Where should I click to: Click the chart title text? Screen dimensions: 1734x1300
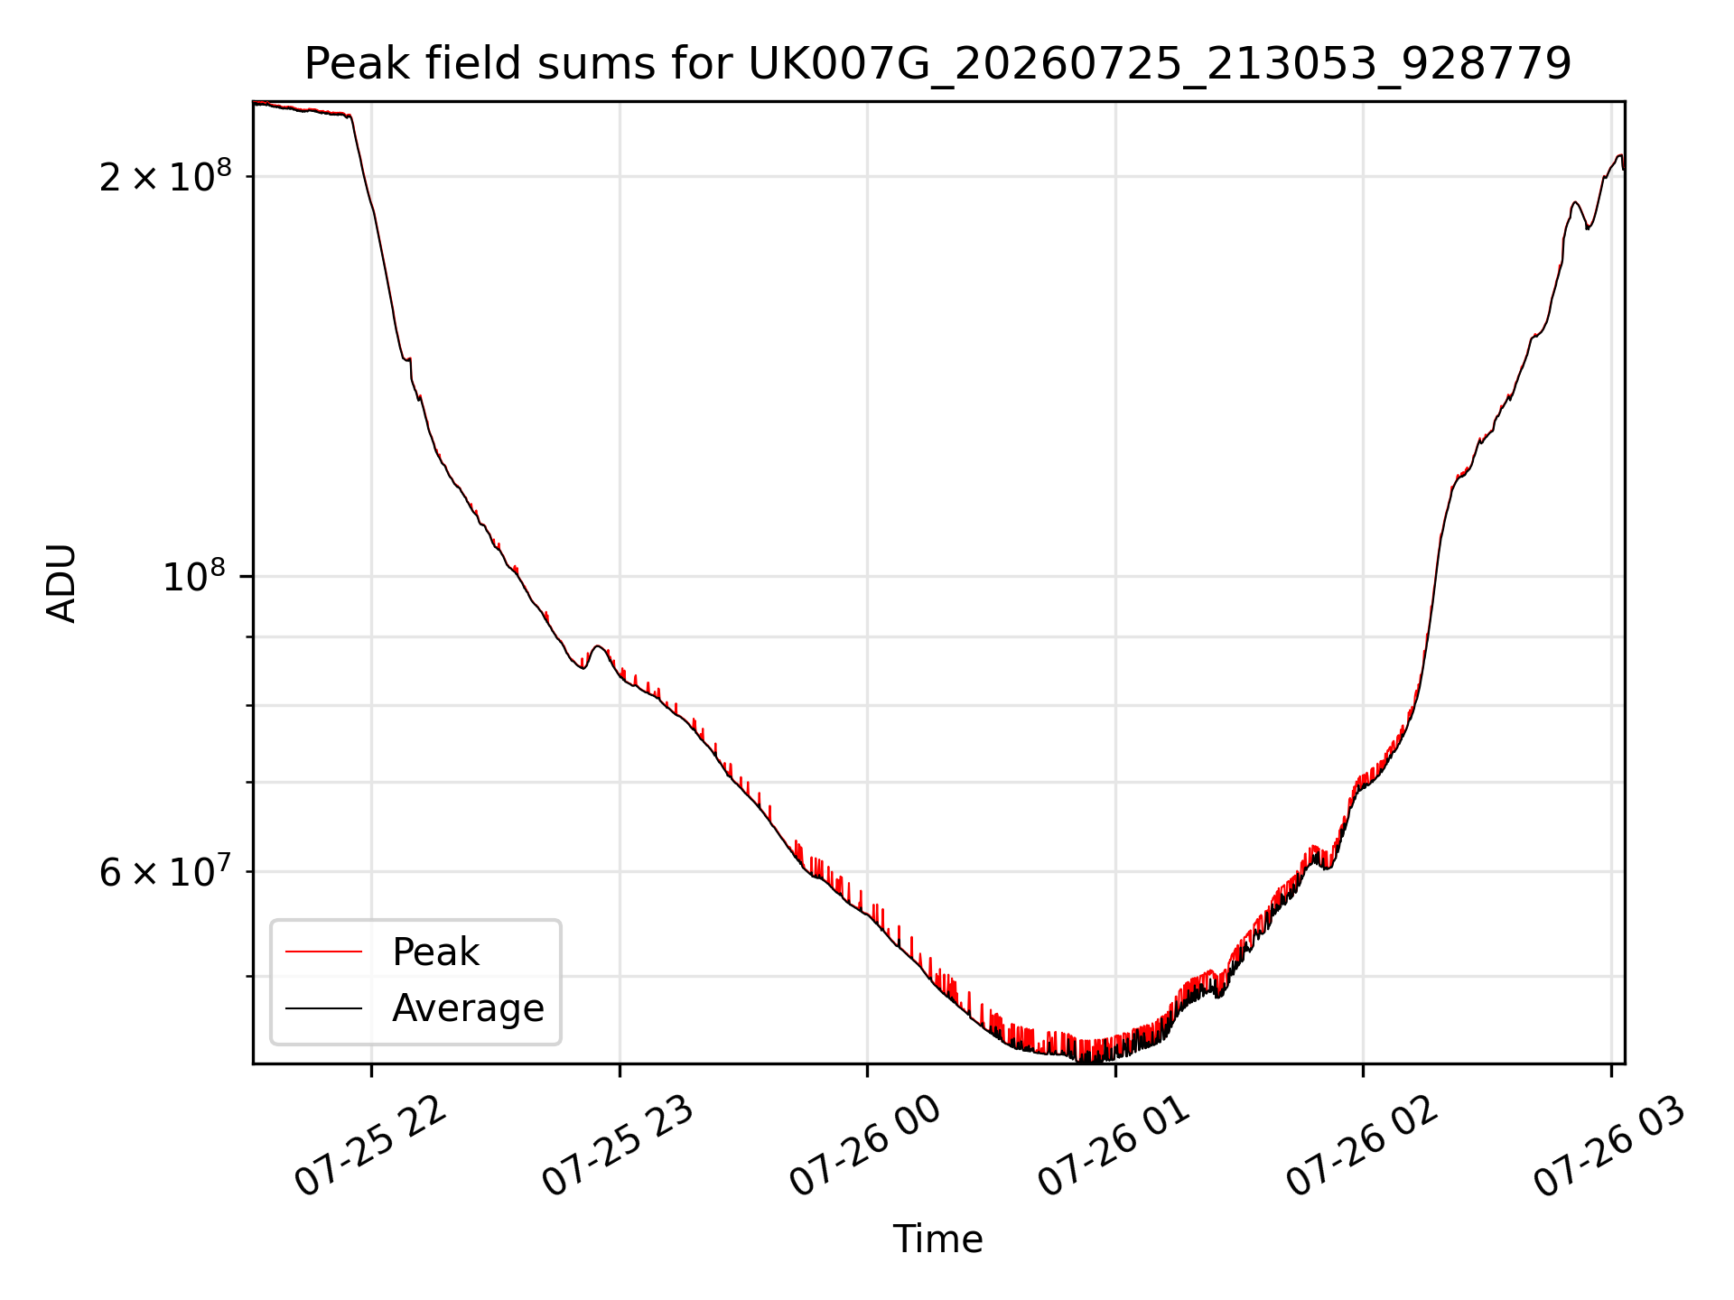(937, 64)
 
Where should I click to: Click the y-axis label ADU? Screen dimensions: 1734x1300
(61, 582)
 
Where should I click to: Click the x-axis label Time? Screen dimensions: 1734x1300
(937, 1239)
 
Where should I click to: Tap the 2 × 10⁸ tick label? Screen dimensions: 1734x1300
(165, 176)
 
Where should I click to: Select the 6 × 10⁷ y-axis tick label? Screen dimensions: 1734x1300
(165, 872)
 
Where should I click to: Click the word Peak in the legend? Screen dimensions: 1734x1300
(435, 952)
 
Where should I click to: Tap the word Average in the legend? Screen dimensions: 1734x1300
(468, 1007)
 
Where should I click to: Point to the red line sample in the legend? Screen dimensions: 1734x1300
(323, 952)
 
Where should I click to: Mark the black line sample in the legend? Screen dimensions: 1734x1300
(323, 1007)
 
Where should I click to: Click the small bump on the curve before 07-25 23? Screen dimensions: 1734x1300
(597, 646)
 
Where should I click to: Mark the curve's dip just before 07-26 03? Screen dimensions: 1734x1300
(1589, 227)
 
